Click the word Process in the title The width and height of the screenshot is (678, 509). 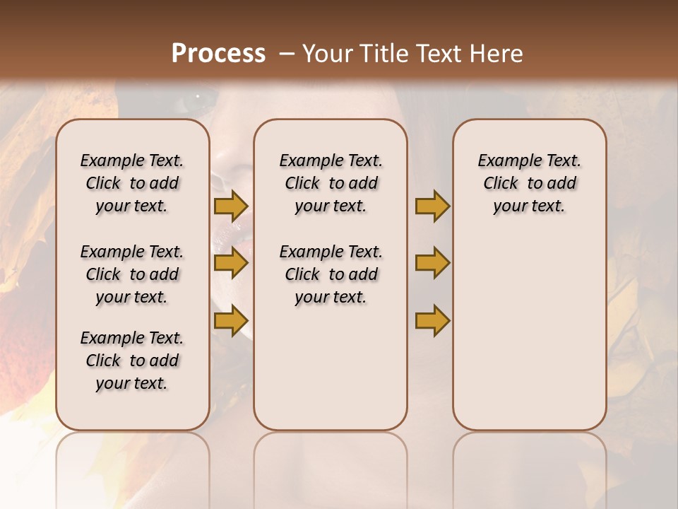coord(218,54)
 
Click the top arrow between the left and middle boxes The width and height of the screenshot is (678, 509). coord(231,206)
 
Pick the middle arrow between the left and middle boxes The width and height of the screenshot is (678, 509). coord(231,263)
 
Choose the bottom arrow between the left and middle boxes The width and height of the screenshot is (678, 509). coord(231,320)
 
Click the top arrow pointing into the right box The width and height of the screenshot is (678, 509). coord(432,206)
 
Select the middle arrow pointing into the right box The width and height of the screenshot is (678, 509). coord(432,263)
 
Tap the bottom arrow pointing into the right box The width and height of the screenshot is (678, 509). coord(432,320)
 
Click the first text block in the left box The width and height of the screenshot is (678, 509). coord(132,183)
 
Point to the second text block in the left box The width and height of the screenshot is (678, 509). coord(132,274)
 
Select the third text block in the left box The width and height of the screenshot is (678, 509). coord(132,361)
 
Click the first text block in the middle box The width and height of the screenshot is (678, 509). coord(331,183)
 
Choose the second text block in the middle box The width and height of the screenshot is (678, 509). coord(331,274)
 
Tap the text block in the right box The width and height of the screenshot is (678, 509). coord(529,183)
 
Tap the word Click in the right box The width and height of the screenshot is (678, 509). coord(501,184)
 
